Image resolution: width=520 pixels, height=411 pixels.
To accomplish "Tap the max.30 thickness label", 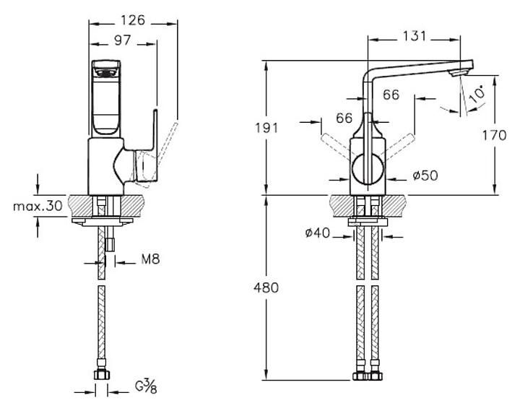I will pos(38,206).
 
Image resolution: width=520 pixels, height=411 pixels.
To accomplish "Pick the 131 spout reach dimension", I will pos(413,35).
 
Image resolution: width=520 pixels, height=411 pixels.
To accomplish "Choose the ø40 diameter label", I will pos(317,233).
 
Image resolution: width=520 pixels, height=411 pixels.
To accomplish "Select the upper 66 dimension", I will pos(391,94).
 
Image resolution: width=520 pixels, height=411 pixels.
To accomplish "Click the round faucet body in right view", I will pos(368,170).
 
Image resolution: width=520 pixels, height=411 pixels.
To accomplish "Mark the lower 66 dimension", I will pos(344,118).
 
